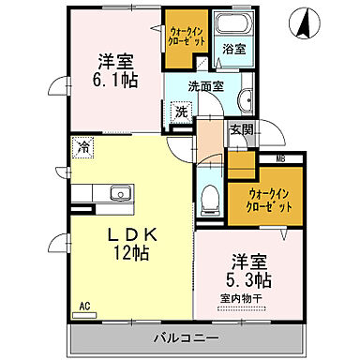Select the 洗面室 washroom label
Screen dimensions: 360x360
point(203,86)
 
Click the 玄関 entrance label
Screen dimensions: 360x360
point(240,130)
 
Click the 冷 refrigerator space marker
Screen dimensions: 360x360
point(83,146)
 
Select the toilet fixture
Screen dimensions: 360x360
point(210,198)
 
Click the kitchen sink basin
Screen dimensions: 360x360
point(120,194)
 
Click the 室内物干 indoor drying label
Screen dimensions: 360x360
point(243,299)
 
